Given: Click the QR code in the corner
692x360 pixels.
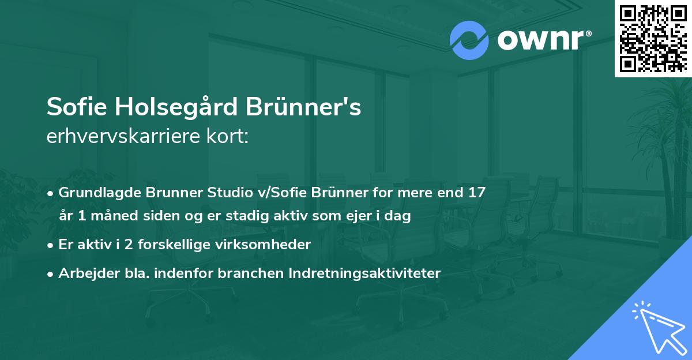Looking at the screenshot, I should (x=653, y=39).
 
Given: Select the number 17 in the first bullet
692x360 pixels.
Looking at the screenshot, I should (x=477, y=193).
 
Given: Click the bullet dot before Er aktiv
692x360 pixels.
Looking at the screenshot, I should (x=51, y=245).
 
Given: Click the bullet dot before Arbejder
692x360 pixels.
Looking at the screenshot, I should (x=51, y=274).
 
